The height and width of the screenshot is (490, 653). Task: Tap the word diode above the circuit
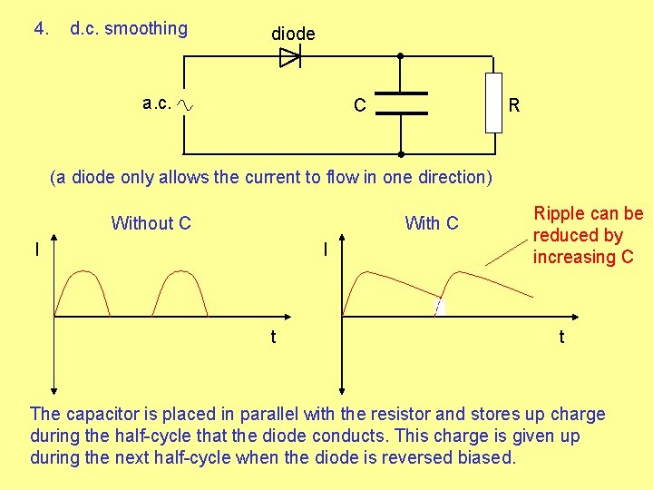click(293, 34)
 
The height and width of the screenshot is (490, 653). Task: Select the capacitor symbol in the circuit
click(401, 103)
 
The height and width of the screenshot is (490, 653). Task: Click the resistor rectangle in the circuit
click(492, 103)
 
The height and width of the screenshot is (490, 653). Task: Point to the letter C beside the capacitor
click(360, 106)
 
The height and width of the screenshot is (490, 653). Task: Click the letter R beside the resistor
click(514, 106)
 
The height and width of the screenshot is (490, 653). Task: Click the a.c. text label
click(156, 103)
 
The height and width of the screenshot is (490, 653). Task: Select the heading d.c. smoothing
click(129, 29)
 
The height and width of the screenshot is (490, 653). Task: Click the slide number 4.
click(40, 29)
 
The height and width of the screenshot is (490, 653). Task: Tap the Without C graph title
click(151, 223)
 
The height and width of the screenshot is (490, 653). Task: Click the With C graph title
click(432, 223)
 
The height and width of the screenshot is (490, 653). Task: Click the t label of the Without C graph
click(273, 337)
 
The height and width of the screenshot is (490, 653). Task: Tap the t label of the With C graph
click(561, 337)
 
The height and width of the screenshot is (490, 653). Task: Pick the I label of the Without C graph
click(36, 248)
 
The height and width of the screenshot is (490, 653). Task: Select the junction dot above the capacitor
click(401, 56)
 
